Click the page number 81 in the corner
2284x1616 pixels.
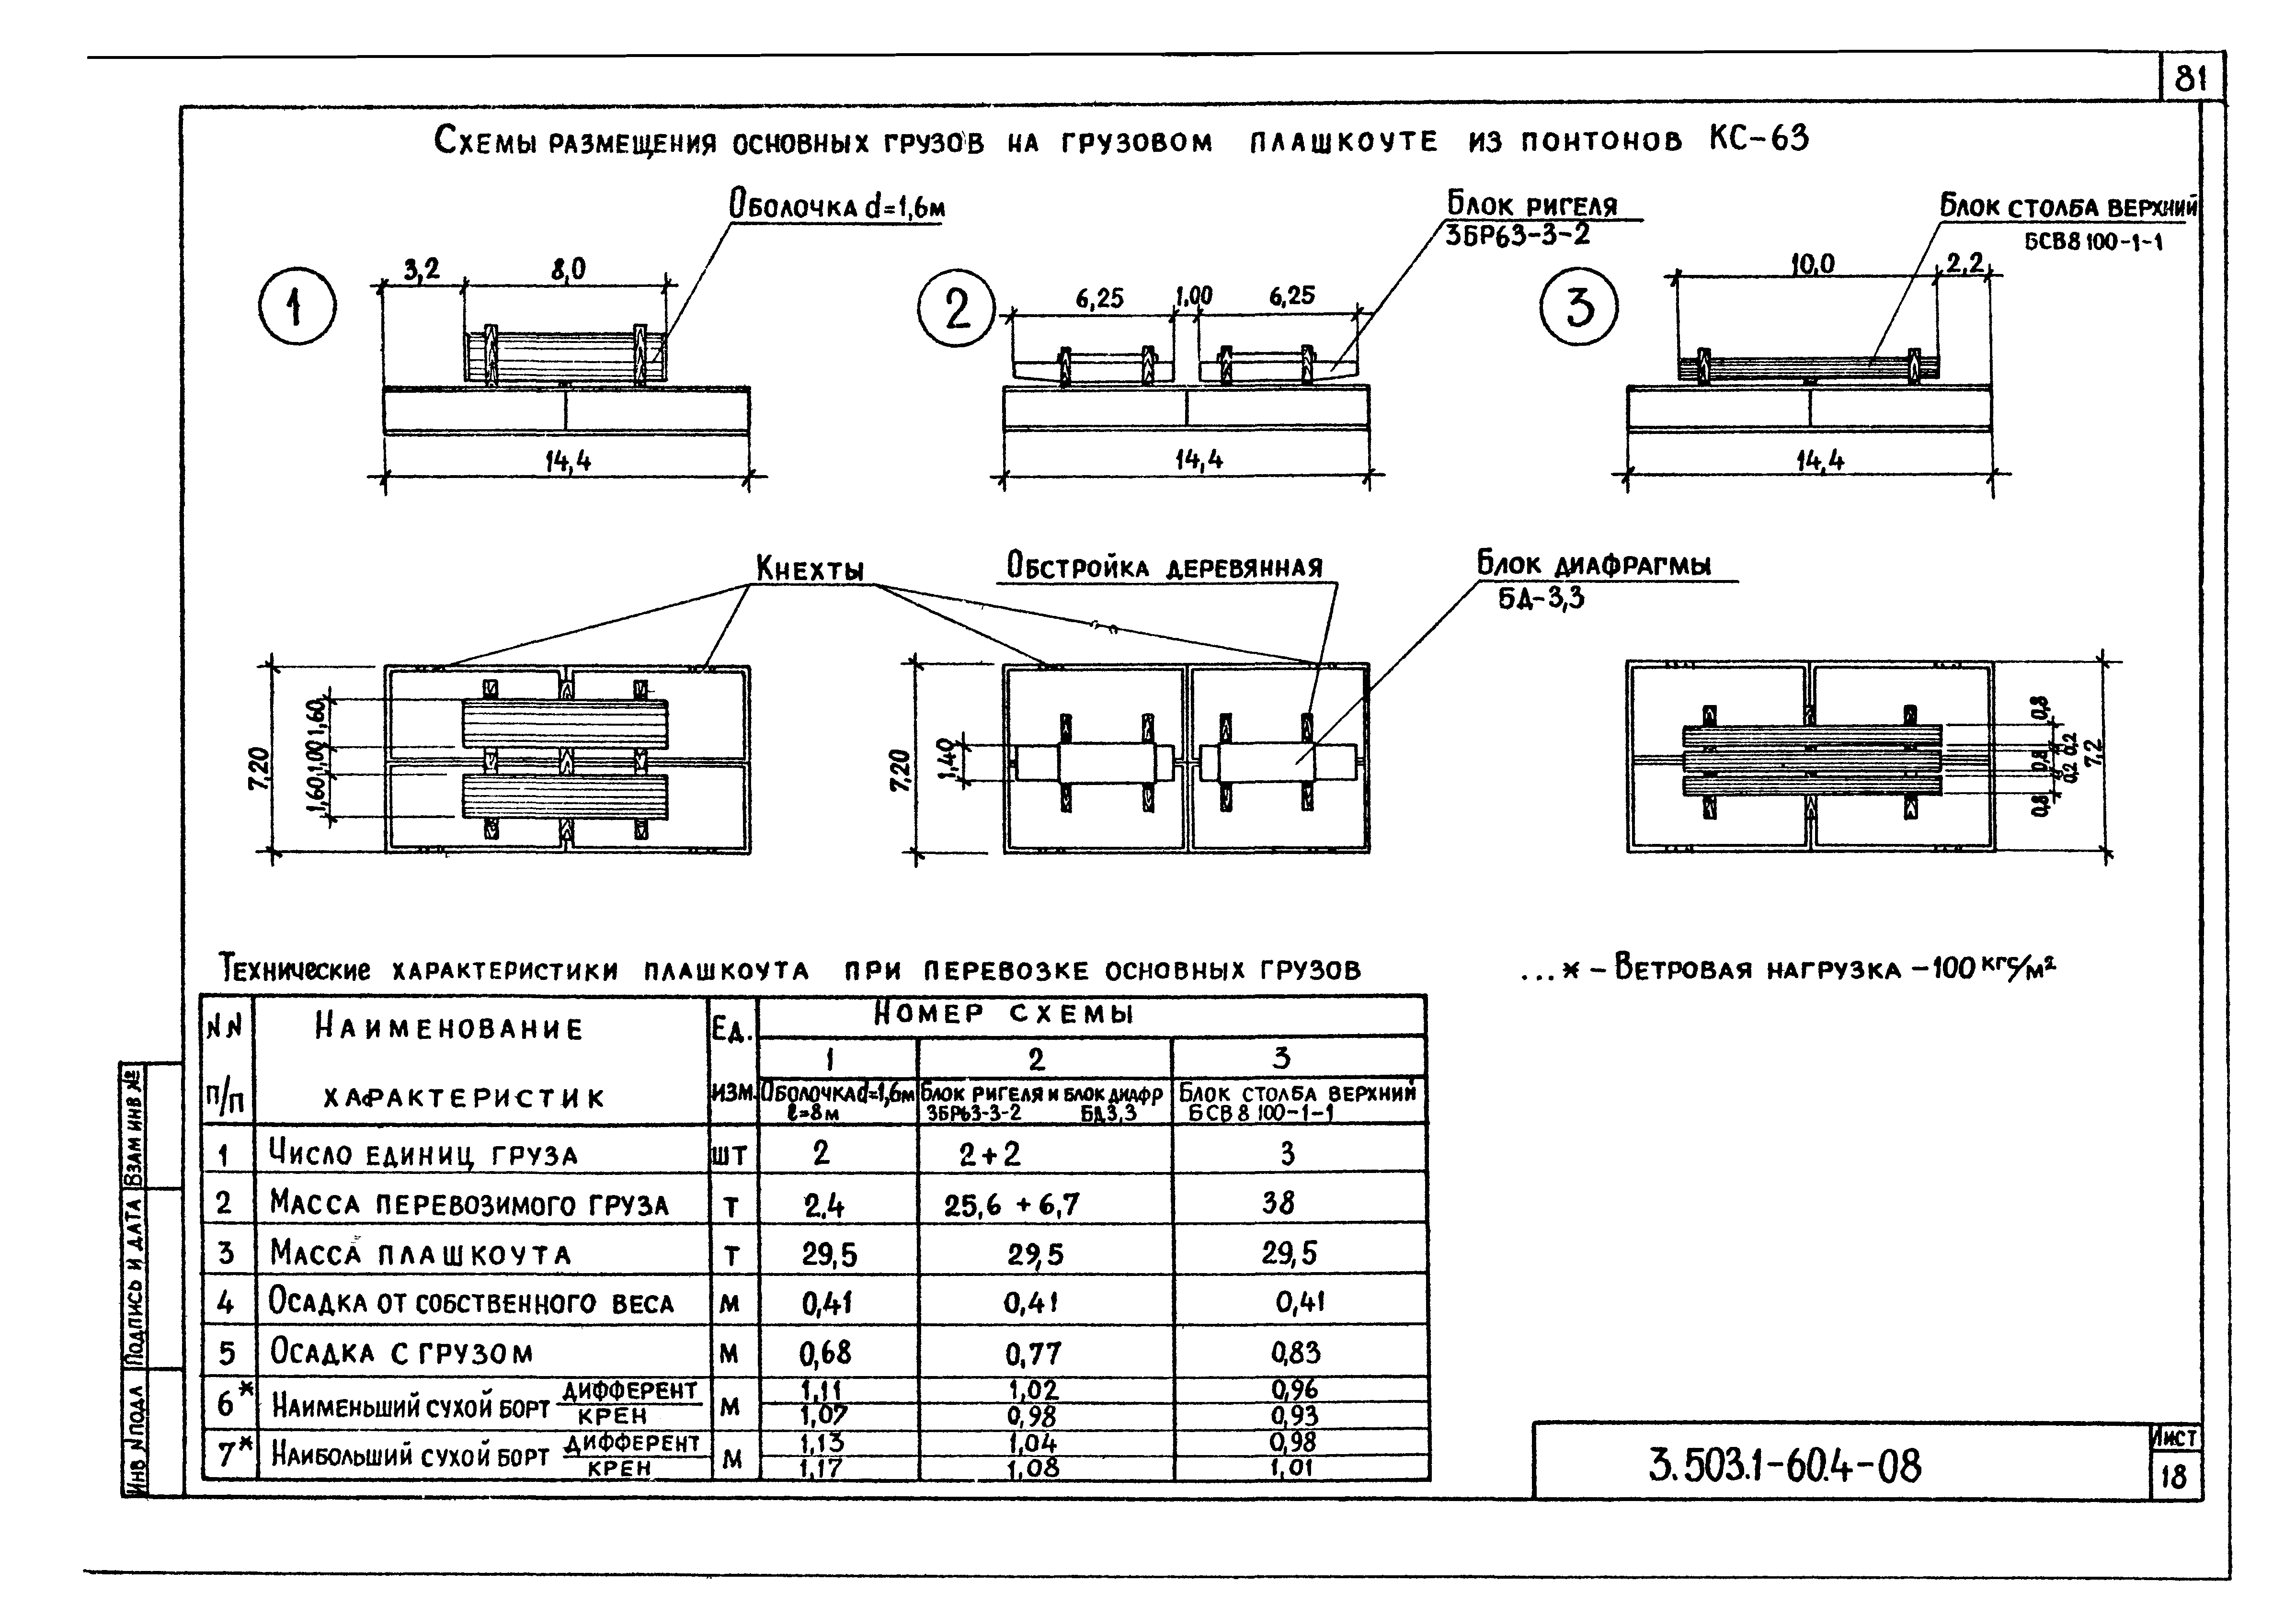coord(2190,79)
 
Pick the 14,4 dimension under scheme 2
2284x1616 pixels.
coord(1198,460)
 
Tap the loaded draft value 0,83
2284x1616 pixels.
coord(1295,1352)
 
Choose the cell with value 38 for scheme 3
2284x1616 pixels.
coord(1279,1203)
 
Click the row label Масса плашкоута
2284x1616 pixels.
coord(420,1255)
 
